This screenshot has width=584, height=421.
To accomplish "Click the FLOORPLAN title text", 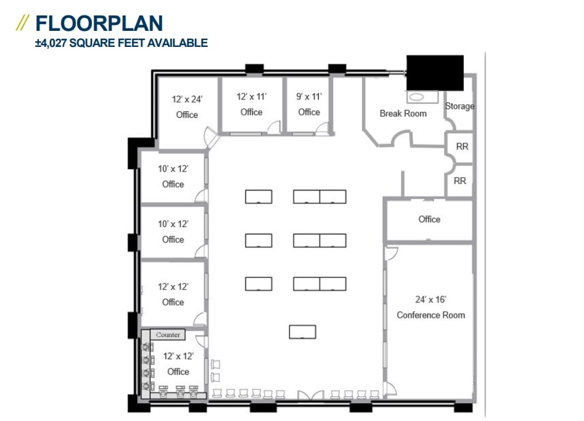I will (99, 23).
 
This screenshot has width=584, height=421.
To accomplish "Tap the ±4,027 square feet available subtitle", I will (121, 43).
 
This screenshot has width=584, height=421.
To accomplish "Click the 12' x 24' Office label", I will (187, 107).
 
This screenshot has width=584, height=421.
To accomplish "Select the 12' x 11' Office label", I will (251, 104).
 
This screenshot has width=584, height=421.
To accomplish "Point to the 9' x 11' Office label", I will (309, 104).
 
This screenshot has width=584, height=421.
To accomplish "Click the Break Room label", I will (403, 114).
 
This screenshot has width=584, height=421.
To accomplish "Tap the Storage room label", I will (459, 106).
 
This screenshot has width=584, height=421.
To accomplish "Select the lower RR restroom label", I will (459, 181).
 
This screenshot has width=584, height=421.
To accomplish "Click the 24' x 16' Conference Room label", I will (430, 307).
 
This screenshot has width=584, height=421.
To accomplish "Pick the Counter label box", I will (168, 335).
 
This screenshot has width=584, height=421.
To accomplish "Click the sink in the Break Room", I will (417, 97).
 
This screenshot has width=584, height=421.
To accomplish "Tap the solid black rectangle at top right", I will (435, 73).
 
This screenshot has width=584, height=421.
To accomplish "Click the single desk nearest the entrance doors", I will (302, 331).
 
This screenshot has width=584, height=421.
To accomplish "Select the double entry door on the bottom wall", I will (311, 396).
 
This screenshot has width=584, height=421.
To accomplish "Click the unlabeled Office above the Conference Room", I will (429, 220).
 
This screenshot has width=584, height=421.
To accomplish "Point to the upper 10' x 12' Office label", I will (173, 177).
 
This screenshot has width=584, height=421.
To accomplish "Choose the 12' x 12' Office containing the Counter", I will (178, 364).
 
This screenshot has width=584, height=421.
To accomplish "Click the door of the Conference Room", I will (392, 253).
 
